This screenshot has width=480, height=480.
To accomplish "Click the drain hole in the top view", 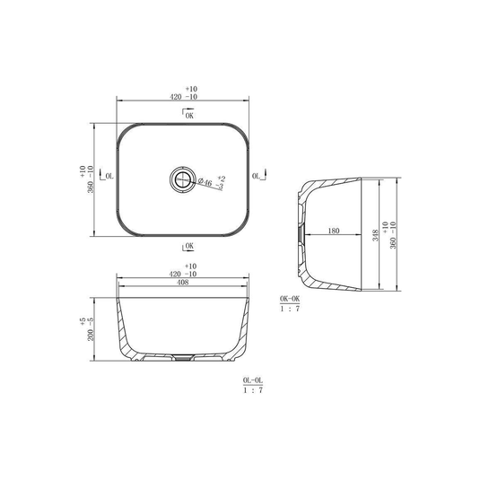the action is [x=183, y=179].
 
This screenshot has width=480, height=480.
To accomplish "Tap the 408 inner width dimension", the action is [x=183, y=283].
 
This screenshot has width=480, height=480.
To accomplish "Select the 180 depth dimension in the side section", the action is [x=334, y=231].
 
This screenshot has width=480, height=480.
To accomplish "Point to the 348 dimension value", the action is [x=375, y=235].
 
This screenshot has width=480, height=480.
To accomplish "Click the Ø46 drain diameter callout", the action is [x=205, y=182].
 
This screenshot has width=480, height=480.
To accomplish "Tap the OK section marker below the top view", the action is [x=188, y=247].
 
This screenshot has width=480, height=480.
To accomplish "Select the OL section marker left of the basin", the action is [x=107, y=175].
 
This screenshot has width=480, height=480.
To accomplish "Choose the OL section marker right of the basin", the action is [x=259, y=175].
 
